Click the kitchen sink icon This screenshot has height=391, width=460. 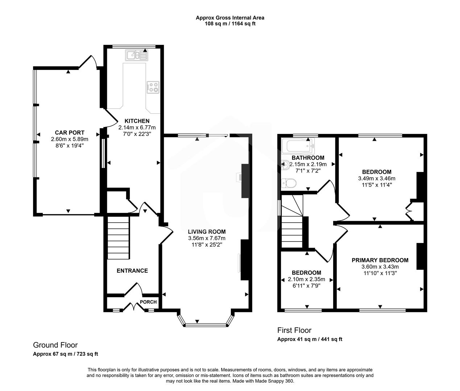point(137,55)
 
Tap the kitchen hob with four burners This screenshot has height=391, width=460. point(153,87)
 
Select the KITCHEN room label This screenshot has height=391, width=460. point(137,121)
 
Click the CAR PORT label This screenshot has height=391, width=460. point(70,133)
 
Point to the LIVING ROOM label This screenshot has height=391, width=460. point(207,232)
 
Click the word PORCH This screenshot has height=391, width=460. point(148,302)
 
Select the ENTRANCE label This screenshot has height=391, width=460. point(132,270)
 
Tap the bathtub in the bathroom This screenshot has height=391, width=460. point(299,146)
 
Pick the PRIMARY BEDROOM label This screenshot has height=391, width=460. point(380,260)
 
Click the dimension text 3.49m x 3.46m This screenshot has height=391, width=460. point(377,178)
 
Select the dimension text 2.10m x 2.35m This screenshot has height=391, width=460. point(306,279)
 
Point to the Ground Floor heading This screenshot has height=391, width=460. point(55,345)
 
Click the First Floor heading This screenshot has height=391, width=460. point(294,330)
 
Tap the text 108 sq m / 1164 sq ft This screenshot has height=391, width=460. point(230,24)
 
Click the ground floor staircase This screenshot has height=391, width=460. point(118,237)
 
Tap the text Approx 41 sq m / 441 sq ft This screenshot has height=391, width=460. point(310,339)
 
